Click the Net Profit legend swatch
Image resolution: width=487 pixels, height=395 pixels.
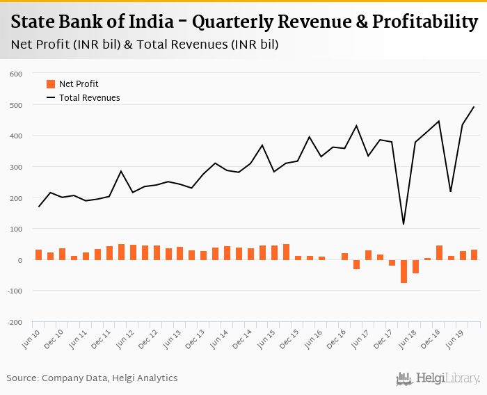(51, 84)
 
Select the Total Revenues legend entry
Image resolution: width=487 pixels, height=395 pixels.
(89, 98)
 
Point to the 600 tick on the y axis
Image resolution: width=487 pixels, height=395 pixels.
(16, 74)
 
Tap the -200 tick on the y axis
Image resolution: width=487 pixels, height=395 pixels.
(14, 323)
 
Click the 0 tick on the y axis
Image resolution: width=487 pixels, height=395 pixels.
(20, 260)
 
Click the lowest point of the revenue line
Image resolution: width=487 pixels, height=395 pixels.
(404, 223)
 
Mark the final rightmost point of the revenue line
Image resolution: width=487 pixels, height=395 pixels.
(474, 106)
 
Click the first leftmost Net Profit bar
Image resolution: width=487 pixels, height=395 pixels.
(39, 255)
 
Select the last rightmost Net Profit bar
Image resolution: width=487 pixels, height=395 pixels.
(474, 255)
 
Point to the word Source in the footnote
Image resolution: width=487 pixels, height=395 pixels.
(22, 378)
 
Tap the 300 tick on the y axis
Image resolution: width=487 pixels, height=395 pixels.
(16, 167)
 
